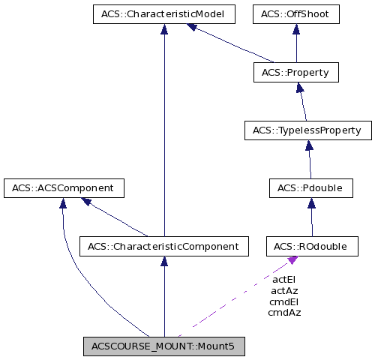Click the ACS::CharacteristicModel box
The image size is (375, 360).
click(163, 13)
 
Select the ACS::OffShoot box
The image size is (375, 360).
click(296, 13)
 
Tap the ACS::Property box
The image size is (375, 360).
click(296, 72)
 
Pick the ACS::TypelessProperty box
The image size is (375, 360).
click(307, 130)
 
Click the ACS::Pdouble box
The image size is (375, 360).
click(311, 188)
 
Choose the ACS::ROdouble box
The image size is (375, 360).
click(311, 245)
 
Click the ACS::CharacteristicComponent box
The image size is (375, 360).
click(163, 245)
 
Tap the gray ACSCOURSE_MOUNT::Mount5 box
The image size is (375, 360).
click(163, 346)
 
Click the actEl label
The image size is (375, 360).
click(284, 280)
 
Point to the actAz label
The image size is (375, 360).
click(284, 290)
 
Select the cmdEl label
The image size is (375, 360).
click(284, 301)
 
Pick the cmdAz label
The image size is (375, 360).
click(284, 312)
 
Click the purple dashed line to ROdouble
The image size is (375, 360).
click(232, 298)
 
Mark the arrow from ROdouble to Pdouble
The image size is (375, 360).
click(311, 217)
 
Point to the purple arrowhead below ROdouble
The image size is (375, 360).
click(292, 259)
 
